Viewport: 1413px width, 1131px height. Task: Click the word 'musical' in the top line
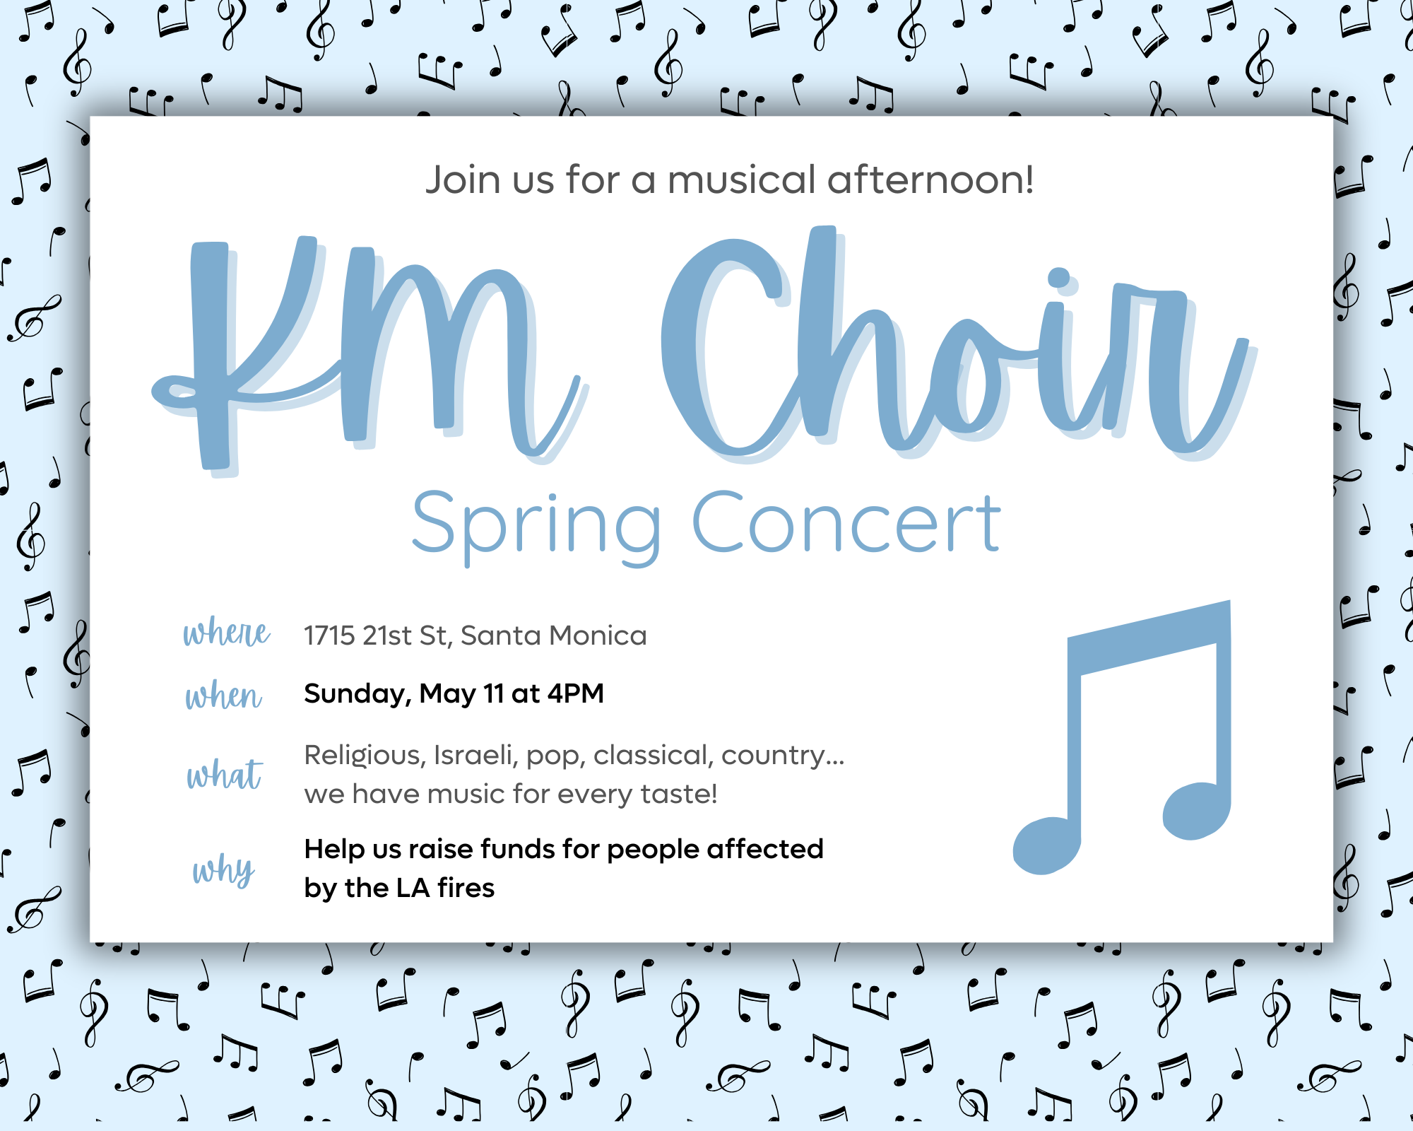point(741,180)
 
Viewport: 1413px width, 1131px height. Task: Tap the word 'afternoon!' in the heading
point(931,180)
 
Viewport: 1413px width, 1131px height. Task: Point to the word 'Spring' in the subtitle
point(537,527)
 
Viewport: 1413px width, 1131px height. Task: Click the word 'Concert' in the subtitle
point(846,522)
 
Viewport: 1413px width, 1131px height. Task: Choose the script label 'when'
point(224,696)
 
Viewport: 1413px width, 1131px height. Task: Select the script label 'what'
point(225,774)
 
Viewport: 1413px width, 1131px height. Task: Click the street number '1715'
point(329,636)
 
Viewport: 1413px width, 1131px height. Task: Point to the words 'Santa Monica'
point(554,636)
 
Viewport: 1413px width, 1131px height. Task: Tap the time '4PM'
point(576,693)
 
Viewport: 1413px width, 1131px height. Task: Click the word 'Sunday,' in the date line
point(357,695)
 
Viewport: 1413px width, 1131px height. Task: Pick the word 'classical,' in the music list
point(651,756)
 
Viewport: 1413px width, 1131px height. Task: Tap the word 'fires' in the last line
point(466,888)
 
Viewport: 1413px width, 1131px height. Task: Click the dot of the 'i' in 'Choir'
point(1059,278)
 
